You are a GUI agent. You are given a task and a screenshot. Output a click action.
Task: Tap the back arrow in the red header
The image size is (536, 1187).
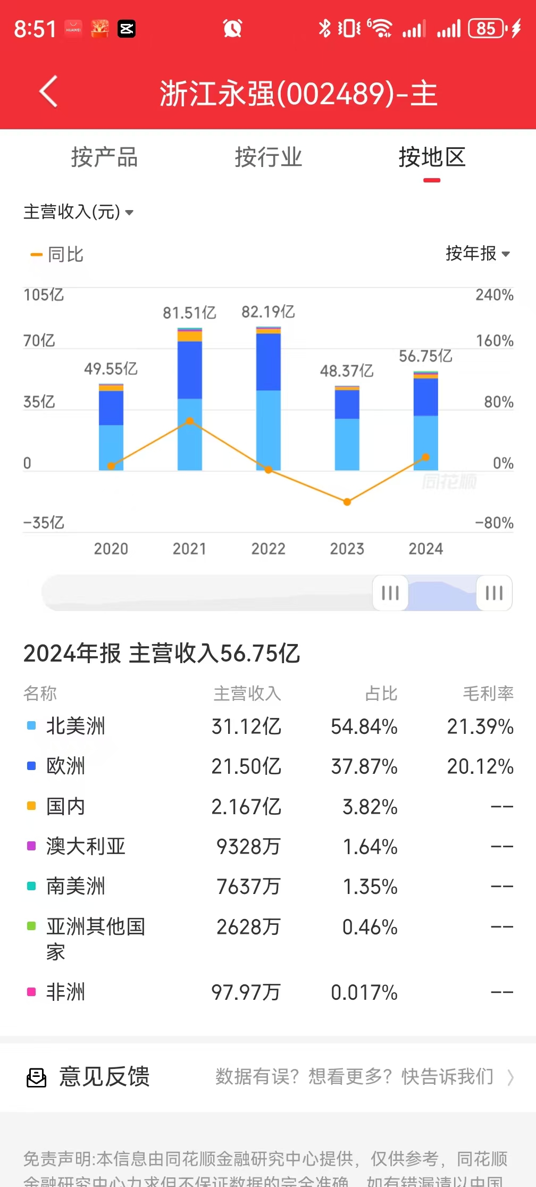point(48,92)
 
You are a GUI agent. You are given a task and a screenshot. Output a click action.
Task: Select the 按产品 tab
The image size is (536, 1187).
point(104,157)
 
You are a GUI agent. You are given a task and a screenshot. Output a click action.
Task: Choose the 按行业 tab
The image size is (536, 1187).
point(268,157)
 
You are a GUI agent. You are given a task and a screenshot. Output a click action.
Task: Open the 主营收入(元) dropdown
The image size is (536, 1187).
point(78,212)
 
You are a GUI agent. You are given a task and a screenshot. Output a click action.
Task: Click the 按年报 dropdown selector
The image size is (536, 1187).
point(477,254)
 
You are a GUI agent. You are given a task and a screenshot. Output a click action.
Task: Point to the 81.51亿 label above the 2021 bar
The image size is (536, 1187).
point(189,313)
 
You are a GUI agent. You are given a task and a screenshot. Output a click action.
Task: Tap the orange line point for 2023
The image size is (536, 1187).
point(347,501)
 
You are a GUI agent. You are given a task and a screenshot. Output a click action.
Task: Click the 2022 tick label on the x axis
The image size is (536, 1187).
point(268,548)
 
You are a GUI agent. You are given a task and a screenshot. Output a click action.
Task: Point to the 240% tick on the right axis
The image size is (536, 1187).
point(494,295)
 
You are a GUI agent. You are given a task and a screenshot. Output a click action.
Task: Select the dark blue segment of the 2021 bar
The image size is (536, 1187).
point(190,370)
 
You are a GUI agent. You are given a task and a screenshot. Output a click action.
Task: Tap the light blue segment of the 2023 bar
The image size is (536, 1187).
point(347,444)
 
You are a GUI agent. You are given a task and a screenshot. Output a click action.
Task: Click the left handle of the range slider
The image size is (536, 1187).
point(390,592)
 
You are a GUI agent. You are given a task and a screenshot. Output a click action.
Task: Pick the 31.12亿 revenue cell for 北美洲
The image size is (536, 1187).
point(246,726)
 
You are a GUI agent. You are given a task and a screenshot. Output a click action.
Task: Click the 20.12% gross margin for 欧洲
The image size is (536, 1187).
point(480,766)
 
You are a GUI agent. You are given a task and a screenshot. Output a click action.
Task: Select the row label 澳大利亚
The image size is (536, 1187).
point(86,846)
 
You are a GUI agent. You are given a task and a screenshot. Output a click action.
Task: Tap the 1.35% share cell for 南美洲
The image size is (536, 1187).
point(370,887)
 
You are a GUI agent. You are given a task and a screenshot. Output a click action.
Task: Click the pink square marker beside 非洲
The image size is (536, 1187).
point(31,992)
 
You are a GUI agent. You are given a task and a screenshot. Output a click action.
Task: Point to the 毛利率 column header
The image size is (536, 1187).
point(488,693)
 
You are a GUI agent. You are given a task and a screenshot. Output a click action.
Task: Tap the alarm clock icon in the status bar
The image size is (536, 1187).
point(232,28)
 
